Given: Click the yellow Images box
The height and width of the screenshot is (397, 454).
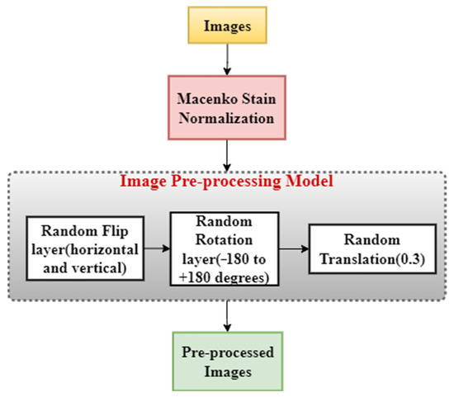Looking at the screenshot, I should [x=225, y=26].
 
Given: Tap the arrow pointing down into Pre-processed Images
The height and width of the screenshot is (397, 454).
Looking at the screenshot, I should [x=225, y=317].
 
